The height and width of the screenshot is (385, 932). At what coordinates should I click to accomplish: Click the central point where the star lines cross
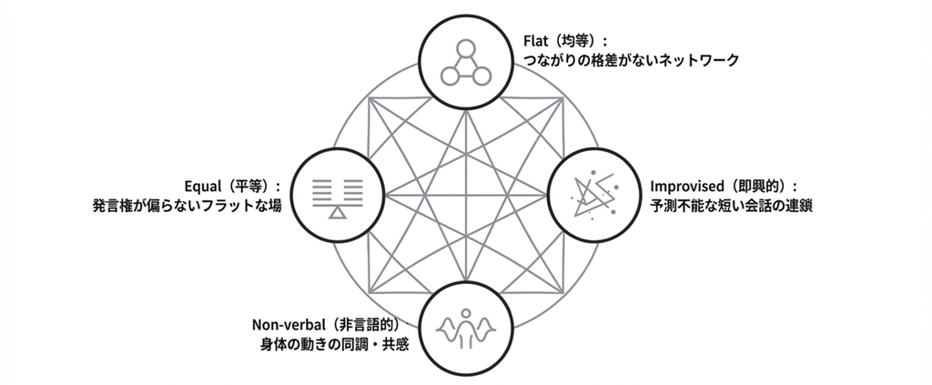coord(465,194)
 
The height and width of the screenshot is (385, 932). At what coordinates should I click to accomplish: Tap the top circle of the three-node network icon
coord(465,48)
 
